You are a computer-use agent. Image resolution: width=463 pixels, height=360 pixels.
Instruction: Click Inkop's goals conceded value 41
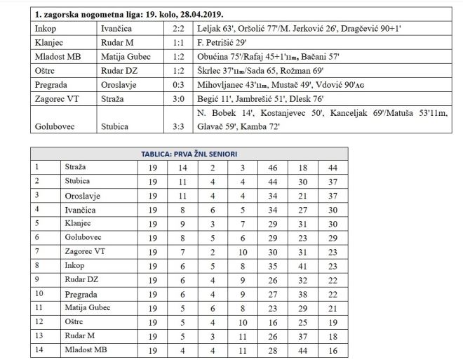click(302, 266)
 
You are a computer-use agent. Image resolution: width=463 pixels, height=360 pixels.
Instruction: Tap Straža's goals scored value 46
click(272, 168)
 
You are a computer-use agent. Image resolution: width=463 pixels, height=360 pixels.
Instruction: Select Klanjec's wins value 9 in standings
click(182, 224)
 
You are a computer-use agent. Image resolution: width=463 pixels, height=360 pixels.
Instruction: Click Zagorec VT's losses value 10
click(243, 252)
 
